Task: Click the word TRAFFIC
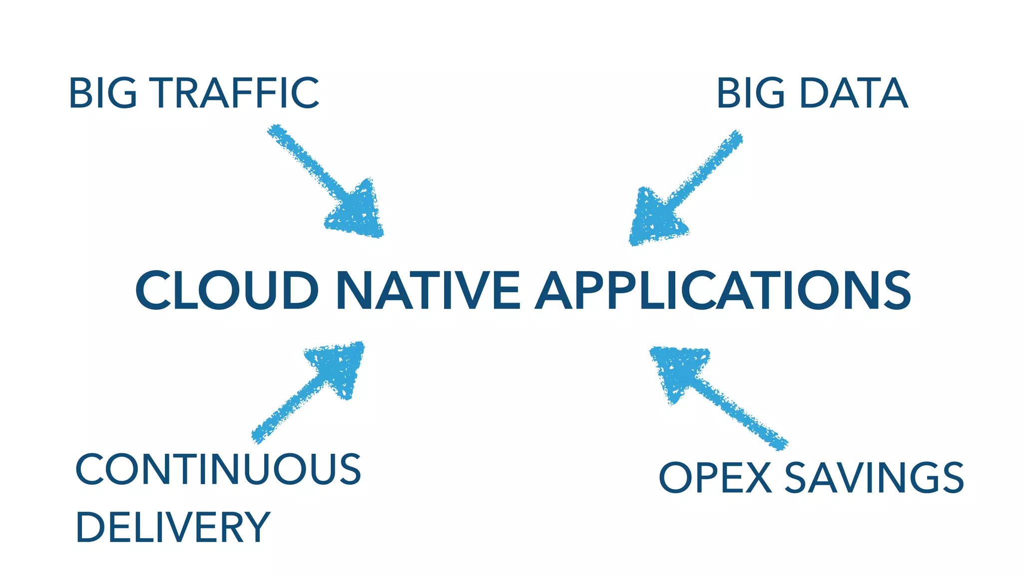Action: pyautogui.click(x=235, y=93)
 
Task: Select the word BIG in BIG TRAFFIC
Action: pyautogui.click(x=103, y=93)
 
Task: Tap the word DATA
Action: pyautogui.click(x=853, y=93)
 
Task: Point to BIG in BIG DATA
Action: pyautogui.click(x=751, y=93)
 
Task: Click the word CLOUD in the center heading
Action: pyautogui.click(x=227, y=290)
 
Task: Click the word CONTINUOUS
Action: pyautogui.click(x=218, y=469)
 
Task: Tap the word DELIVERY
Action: pyautogui.click(x=173, y=528)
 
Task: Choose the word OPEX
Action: pyautogui.click(x=715, y=478)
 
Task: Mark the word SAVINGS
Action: pyautogui.click(x=874, y=478)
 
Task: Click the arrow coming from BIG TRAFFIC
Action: pyautogui.click(x=320, y=175)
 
